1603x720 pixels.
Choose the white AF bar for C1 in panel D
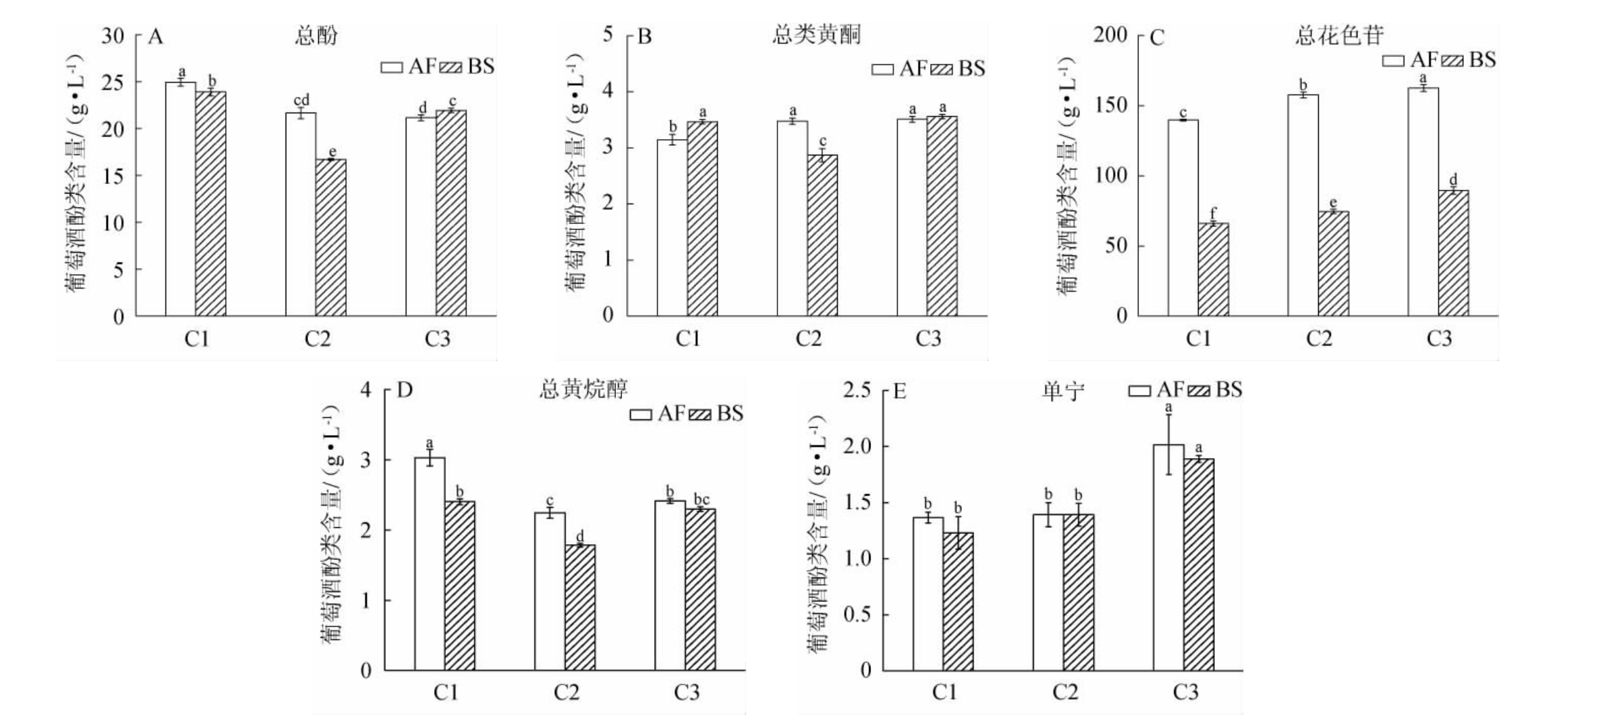(x=429, y=563)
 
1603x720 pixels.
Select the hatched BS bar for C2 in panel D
(x=580, y=607)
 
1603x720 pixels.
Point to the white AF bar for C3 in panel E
(x=1168, y=557)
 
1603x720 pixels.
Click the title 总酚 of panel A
(x=316, y=35)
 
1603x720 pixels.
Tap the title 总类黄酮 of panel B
(x=817, y=34)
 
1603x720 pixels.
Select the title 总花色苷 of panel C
(x=1339, y=35)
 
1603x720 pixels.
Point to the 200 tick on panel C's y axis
(x=1110, y=35)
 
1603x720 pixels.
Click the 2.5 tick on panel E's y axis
(x=857, y=391)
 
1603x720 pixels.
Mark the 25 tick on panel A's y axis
(x=113, y=83)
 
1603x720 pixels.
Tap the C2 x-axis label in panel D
(x=566, y=693)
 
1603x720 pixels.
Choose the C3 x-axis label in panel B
(x=928, y=339)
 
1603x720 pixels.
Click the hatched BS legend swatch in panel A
(x=450, y=67)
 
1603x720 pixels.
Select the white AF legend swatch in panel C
(x=1393, y=61)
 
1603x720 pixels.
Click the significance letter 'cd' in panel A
(x=301, y=100)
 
